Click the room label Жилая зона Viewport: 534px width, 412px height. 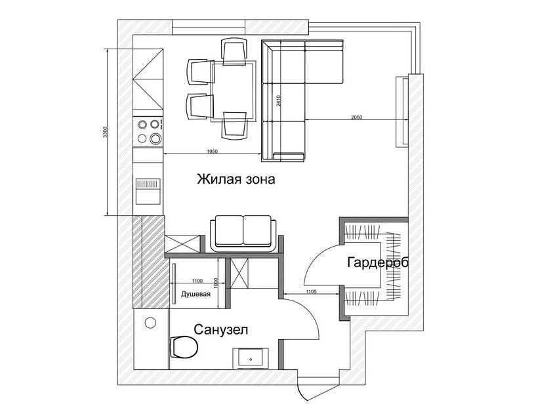click(x=236, y=179)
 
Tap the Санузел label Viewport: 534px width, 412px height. click(x=220, y=329)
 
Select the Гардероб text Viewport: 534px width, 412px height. click(x=378, y=263)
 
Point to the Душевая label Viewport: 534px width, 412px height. click(x=195, y=293)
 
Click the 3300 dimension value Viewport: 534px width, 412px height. click(x=105, y=132)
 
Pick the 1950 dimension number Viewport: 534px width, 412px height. click(x=212, y=152)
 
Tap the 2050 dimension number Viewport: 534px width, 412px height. click(x=357, y=117)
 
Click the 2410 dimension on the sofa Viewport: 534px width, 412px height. click(x=278, y=101)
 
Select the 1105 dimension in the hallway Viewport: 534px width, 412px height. click(x=311, y=291)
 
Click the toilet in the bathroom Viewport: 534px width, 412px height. click(x=183, y=347)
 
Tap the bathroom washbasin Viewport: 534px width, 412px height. click(x=251, y=358)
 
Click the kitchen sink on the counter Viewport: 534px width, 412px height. click(x=148, y=192)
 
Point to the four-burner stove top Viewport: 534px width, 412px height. click(x=148, y=131)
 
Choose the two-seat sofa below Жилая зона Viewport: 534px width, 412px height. click(x=243, y=234)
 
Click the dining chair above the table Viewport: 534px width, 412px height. click(x=234, y=51)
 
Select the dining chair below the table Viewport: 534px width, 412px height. click(x=234, y=125)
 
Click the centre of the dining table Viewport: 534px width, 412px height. click(x=234, y=91)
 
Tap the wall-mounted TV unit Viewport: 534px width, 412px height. click(x=402, y=112)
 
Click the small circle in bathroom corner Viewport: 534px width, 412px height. click(x=150, y=322)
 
